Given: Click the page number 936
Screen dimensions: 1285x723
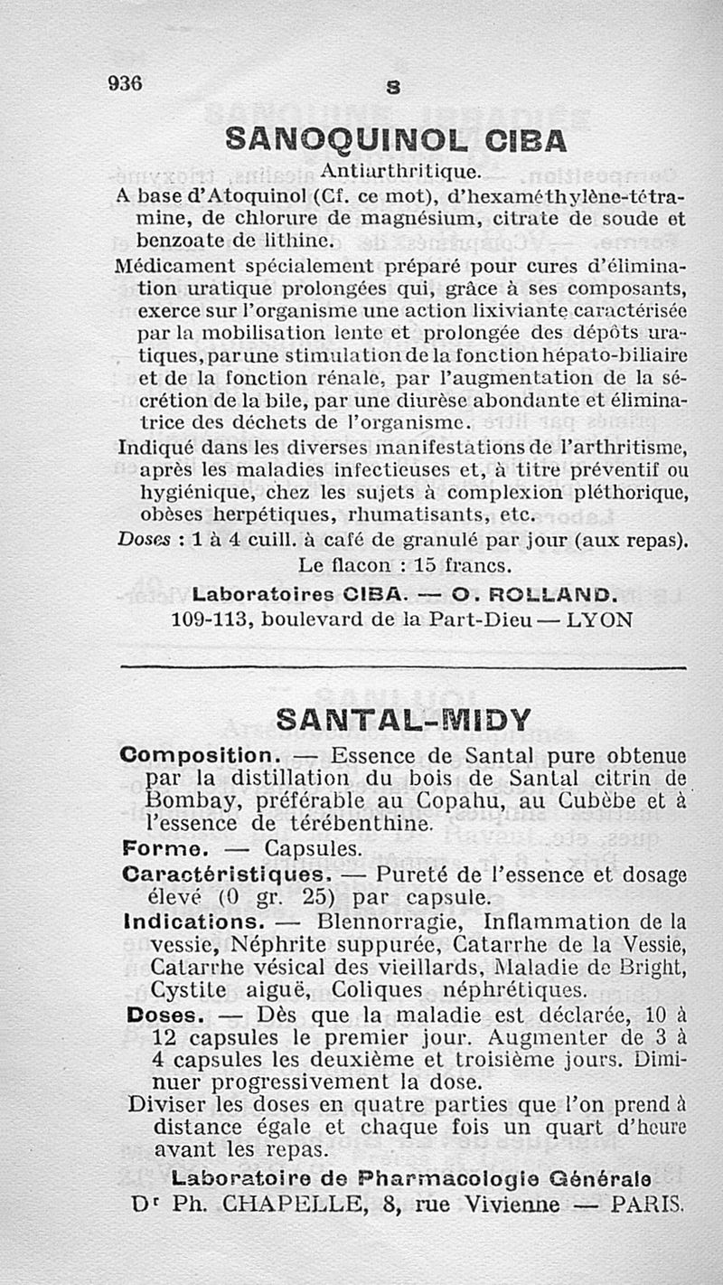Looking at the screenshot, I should [x=125, y=83].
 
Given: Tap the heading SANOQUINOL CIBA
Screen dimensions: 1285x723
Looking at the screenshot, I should [x=395, y=139].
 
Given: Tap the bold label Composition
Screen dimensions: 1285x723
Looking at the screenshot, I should [x=195, y=754].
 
